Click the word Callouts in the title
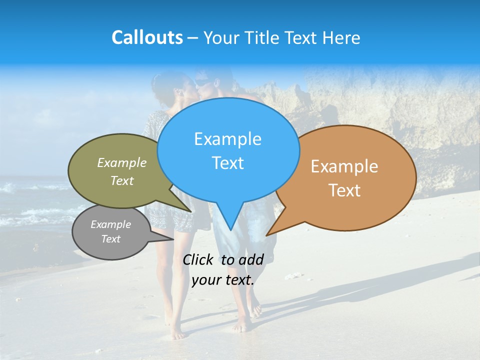[x=147, y=37]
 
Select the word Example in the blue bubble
[x=227, y=139]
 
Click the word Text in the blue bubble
[x=227, y=163]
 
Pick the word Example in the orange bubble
[x=344, y=166]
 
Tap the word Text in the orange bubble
[x=344, y=190]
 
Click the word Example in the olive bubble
[x=122, y=162]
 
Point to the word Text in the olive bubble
[x=122, y=180]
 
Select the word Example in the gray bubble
[x=110, y=224]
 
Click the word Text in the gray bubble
[x=110, y=239]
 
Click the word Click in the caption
[x=198, y=259]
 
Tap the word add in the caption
[x=250, y=259]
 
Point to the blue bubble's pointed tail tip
[x=230, y=230]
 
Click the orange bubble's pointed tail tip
[x=266, y=235]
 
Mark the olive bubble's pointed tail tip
[x=191, y=211]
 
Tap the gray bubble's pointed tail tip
[x=173, y=239]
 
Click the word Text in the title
[x=302, y=37]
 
